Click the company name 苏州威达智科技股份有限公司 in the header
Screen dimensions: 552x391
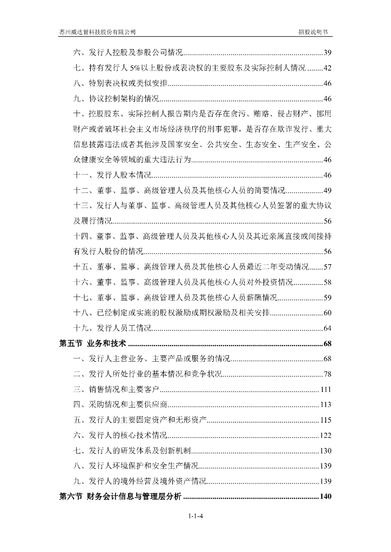(x=98, y=32)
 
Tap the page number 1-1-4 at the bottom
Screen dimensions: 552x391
(x=195, y=516)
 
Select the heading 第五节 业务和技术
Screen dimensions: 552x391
(x=92, y=344)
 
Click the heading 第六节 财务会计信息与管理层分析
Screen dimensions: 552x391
(x=120, y=496)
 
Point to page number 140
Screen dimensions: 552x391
(x=325, y=496)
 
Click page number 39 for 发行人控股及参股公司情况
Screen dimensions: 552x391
(x=327, y=53)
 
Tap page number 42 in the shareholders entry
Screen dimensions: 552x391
(x=327, y=68)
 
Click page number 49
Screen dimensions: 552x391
(x=327, y=191)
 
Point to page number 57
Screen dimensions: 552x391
(x=327, y=267)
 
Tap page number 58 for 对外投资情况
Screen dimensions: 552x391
(x=327, y=282)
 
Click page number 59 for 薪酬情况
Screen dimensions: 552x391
(x=327, y=298)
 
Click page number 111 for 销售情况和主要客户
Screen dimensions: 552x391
(x=326, y=390)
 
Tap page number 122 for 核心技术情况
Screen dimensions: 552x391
(x=326, y=436)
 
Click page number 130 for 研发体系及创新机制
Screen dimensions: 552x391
(x=326, y=451)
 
